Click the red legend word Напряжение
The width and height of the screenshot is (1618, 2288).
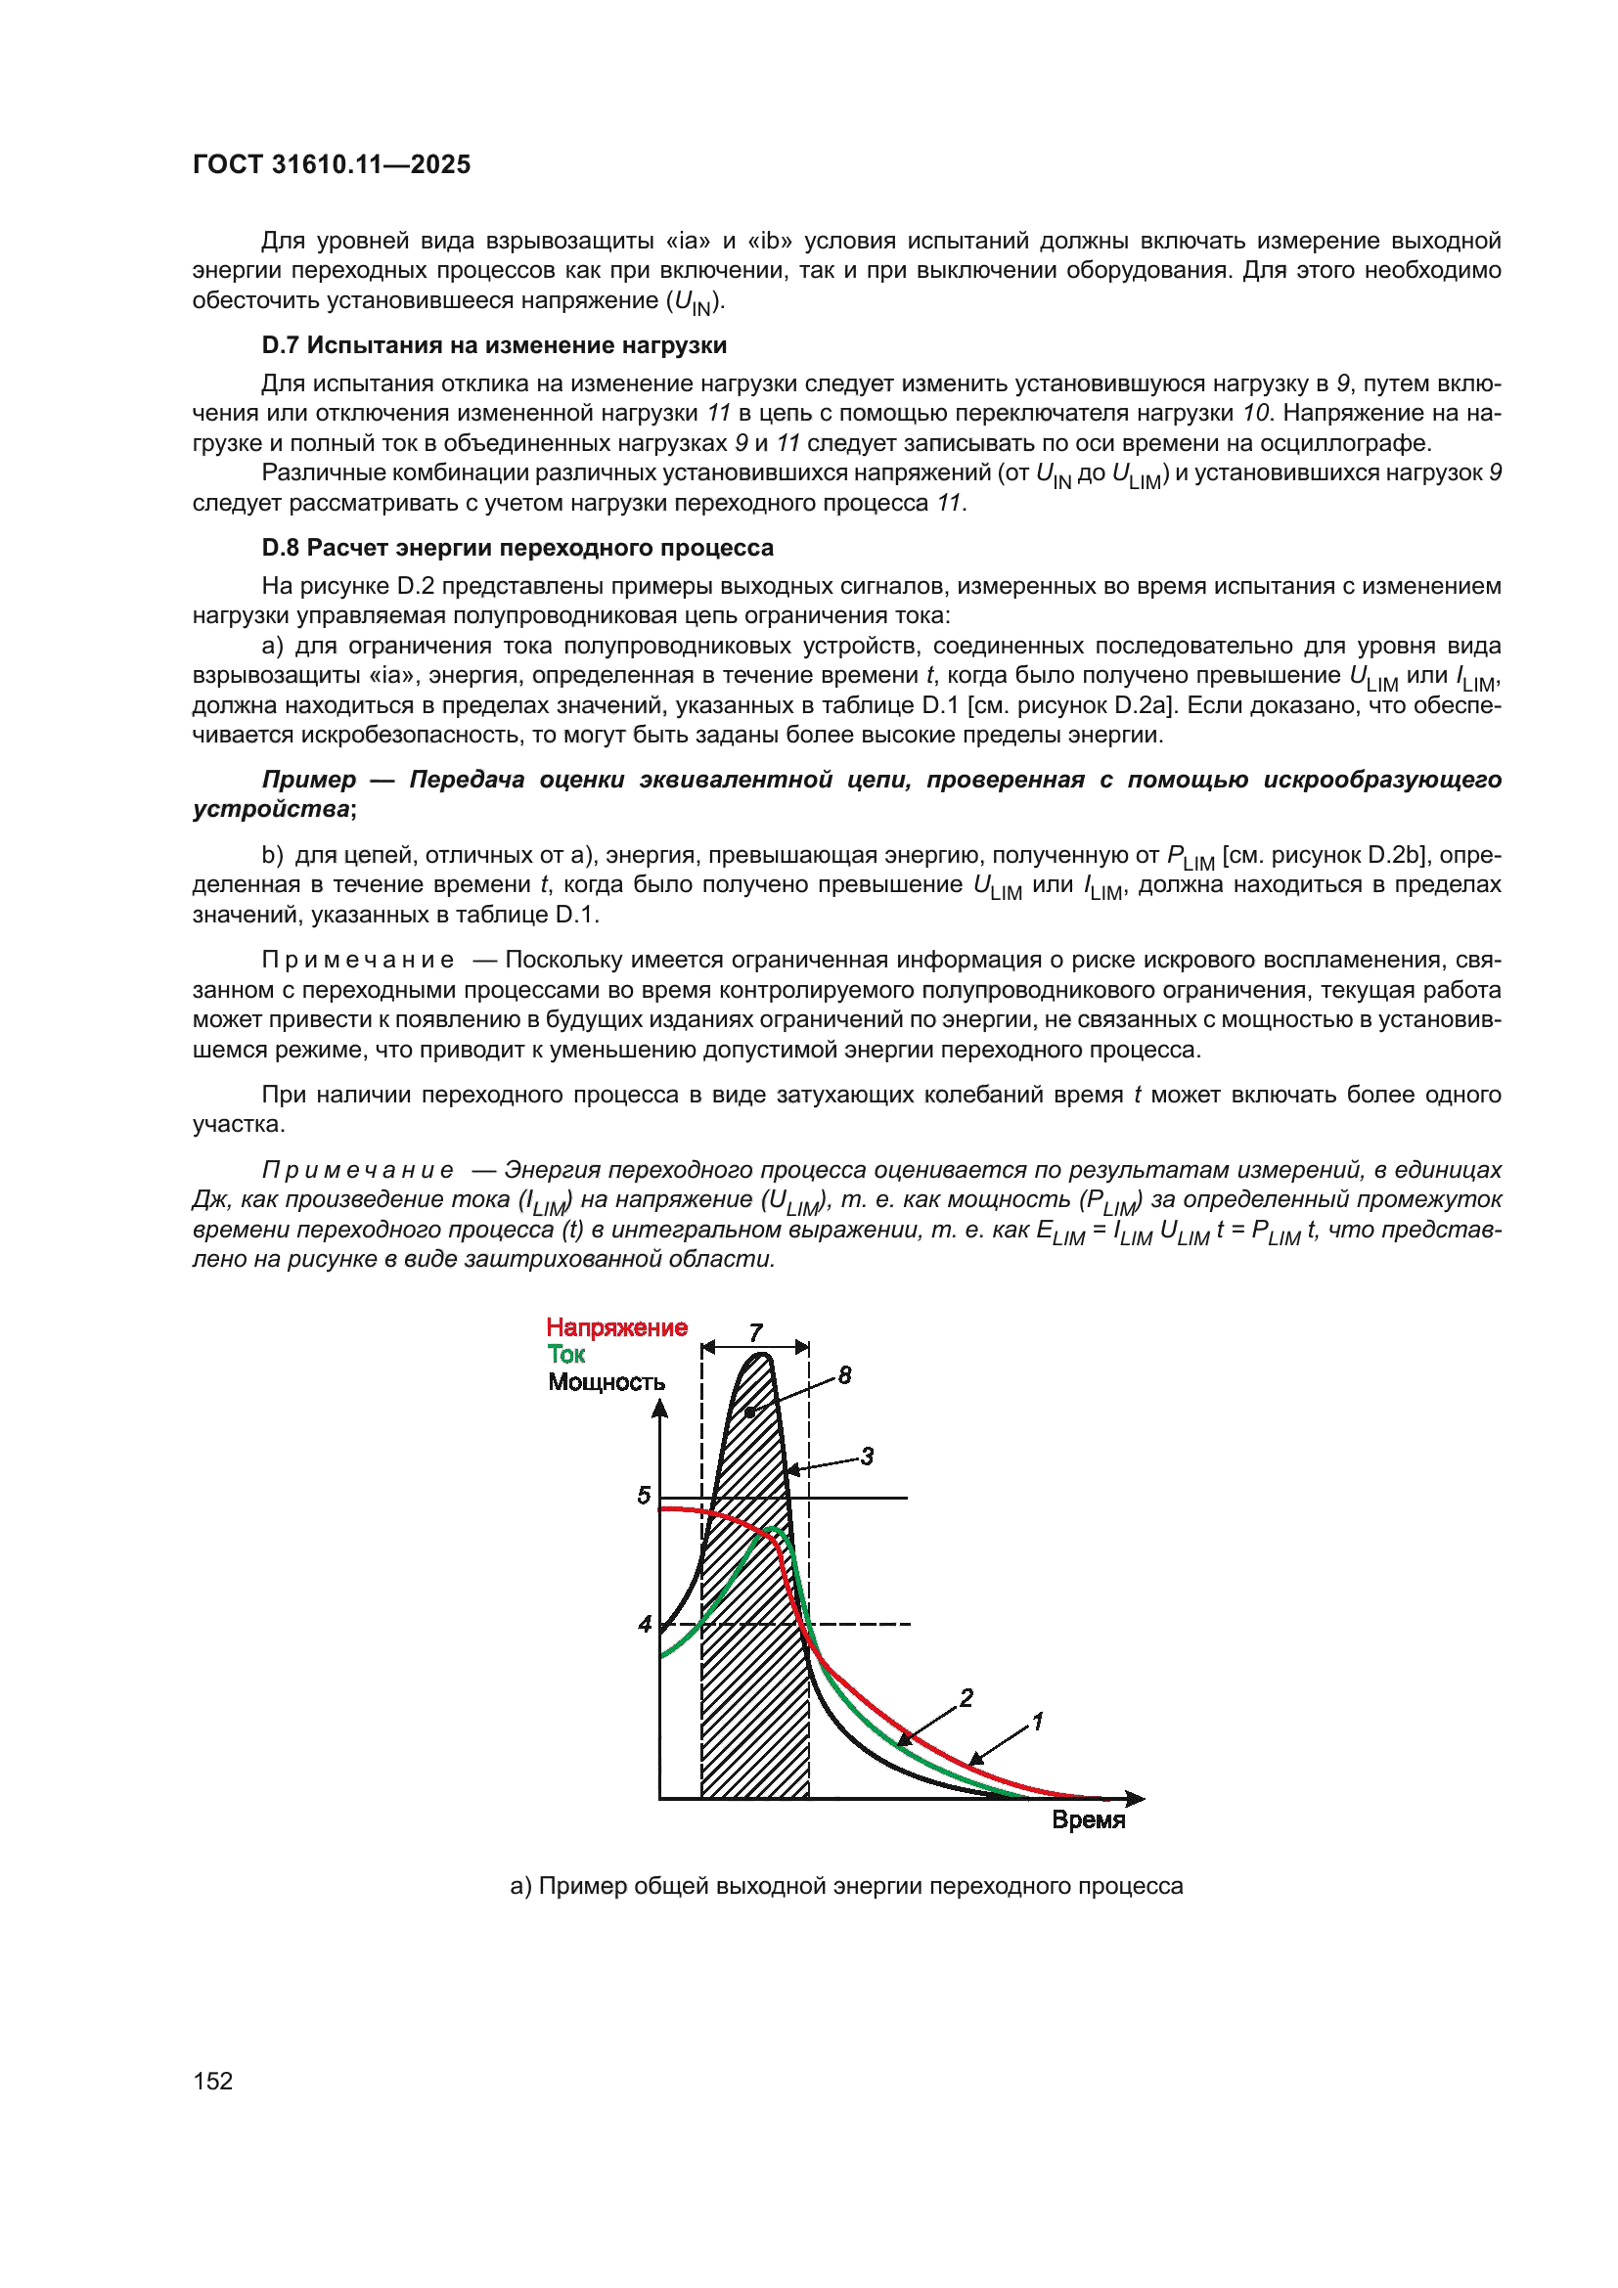tap(616, 1327)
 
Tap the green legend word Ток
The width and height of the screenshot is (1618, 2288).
tap(565, 1354)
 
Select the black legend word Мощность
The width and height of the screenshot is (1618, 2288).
tap(606, 1382)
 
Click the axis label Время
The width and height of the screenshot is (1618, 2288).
tap(1088, 1819)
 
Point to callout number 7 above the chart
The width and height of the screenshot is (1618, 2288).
tap(756, 1332)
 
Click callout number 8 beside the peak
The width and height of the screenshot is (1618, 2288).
tap(845, 1375)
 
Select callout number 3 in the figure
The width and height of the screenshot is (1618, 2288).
tap(867, 1456)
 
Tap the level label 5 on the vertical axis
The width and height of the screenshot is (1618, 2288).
tap(644, 1495)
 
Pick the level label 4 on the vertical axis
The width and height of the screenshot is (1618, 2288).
tap(645, 1625)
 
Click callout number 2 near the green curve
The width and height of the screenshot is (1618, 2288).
tap(966, 1697)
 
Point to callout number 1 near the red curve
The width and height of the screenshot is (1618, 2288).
tap(1037, 1721)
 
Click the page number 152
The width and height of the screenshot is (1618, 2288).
tap(213, 2081)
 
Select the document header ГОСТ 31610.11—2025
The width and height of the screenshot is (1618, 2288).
tap(332, 164)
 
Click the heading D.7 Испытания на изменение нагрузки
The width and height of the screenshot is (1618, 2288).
tap(494, 344)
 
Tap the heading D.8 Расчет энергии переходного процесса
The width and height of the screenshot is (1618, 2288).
tap(517, 547)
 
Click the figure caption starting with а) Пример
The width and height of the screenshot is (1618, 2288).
tap(846, 1885)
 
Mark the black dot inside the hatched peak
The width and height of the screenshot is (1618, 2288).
tap(750, 1413)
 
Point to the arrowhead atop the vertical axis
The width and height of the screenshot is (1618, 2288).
tap(659, 1409)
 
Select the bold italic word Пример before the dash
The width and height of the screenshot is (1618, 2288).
tap(309, 780)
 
